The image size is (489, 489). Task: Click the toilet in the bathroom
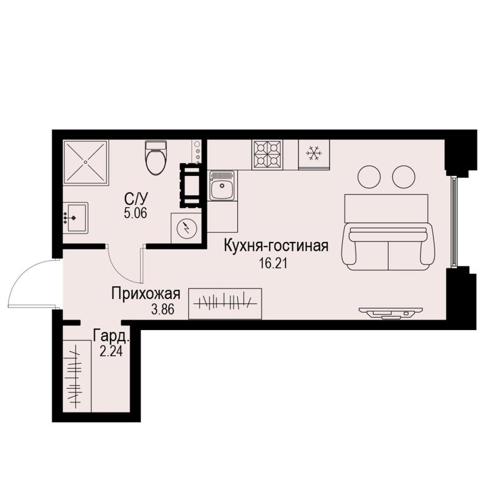(155, 158)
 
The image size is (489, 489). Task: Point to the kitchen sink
(221, 186)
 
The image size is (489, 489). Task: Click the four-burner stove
(267, 154)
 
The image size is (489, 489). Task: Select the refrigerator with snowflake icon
(314, 153)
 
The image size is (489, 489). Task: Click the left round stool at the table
(369, 177)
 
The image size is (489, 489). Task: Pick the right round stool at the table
(403, 177)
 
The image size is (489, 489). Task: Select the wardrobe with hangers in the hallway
(226, 302)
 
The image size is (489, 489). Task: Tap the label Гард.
(111, 336)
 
